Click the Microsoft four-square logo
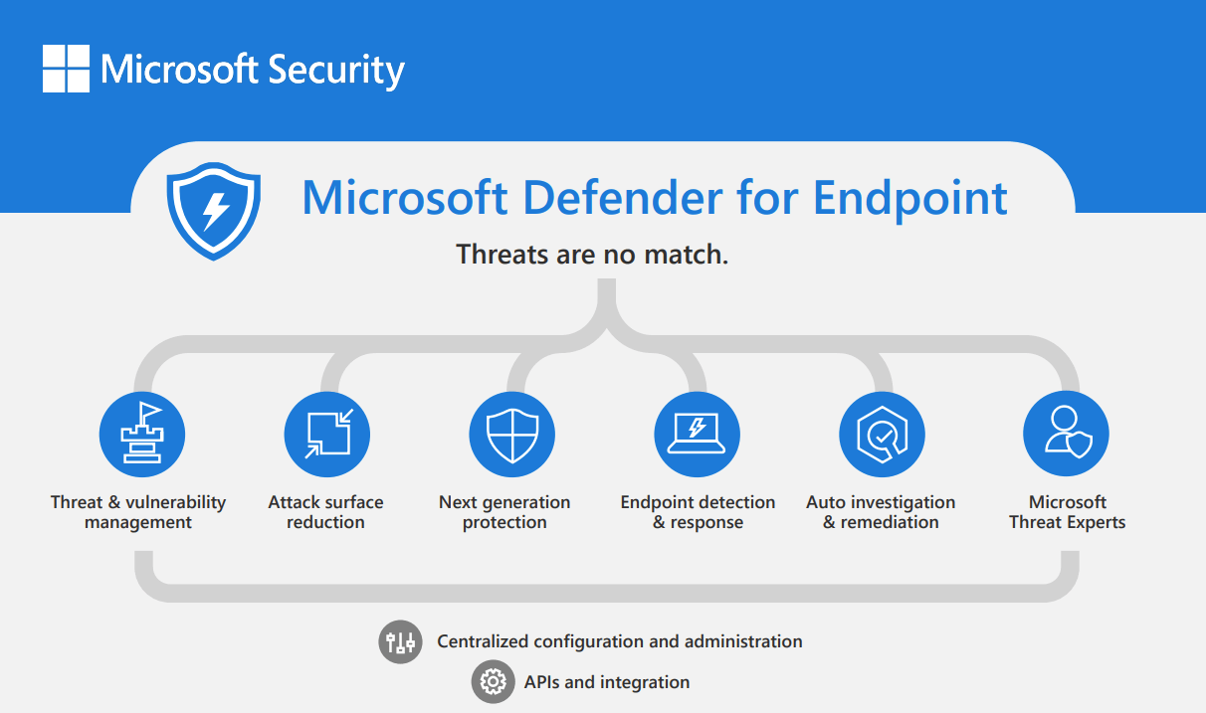(66, 69)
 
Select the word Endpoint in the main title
(909, 197)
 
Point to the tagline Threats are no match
(592, 255)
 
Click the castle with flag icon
(142, 434)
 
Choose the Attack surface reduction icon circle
(326, 435)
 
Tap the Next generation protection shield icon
(511, 435)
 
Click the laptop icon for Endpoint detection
(697, 435)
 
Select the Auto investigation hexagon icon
(882, 435)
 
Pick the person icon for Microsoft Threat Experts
(1066, 435)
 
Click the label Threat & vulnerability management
(138, 512)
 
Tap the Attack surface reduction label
(325, 512)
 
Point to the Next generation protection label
(504, 512)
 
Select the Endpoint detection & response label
(698, 512)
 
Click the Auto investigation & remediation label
(881, 512)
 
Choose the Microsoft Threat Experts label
(1067, 512)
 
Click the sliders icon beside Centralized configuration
(400, 641)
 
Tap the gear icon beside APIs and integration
(493, 682)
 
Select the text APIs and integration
(606, 682)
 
